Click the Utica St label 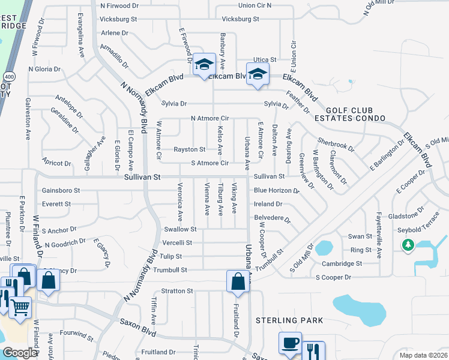point(264,60)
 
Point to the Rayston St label point(190,149)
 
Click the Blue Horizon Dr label point(276,191)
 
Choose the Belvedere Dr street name point(273,218)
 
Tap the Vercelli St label point(177,243)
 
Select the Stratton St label point(176,292)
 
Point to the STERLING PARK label point(290,320)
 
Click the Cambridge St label point(342,263)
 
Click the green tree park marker point(408,245)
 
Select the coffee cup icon point(290,343)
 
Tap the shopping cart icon point(20,308)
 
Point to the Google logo point(20,352)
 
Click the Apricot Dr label point(57,163)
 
